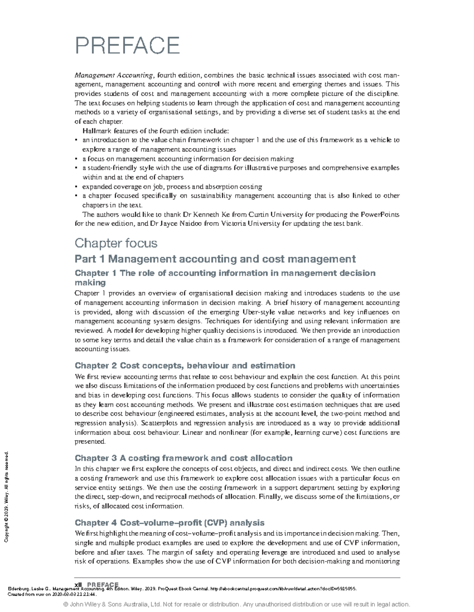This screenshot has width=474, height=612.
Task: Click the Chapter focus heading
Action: [116, 243]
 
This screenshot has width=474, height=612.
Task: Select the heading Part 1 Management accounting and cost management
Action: [215, 259]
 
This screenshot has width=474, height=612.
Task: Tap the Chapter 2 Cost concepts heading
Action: [185, 365]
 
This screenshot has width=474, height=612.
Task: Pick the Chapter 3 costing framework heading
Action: [183, 458]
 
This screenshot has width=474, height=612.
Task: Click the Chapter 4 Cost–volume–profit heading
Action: [169, 523]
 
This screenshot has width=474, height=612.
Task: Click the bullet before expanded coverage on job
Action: [76, 187]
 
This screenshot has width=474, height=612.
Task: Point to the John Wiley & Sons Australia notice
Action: [237, 604]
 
